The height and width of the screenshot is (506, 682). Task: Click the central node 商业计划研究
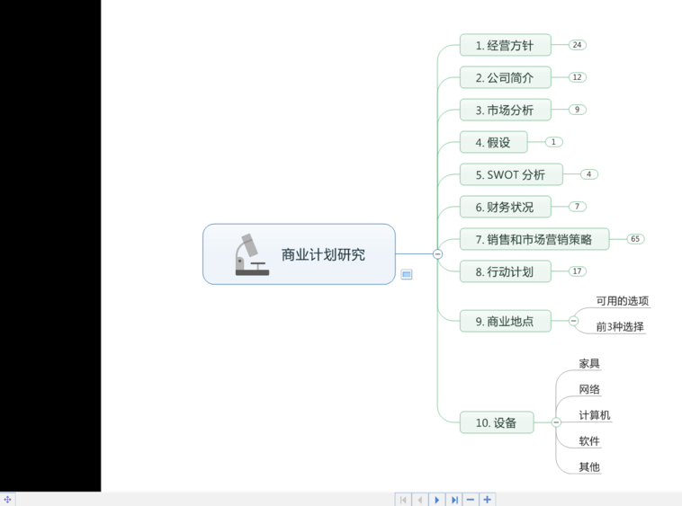pos(299,254)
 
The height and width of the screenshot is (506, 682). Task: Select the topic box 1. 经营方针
pos(506,45)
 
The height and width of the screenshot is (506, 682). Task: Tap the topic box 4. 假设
pos(494,142)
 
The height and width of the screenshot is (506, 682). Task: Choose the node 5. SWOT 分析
pos(511,174)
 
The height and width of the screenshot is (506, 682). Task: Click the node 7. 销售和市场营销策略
pos(534,239)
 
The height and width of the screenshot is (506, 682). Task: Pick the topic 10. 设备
pos(497,422)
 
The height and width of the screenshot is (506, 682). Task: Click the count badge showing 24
pos(577,45)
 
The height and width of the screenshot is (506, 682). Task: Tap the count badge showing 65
pos(635,239)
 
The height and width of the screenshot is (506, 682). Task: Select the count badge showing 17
pos(577,271)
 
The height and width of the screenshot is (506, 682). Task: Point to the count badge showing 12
pos(577,77)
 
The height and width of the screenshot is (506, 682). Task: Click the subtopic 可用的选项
pos(623,301)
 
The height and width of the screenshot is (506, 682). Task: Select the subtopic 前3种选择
pos(620,326)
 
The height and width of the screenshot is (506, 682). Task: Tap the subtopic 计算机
pos(595,415)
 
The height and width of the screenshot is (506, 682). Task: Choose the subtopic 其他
pos(589,467)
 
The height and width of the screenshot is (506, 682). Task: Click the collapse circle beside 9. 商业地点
pos(574,321)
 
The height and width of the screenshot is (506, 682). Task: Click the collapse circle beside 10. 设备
pos(556,422)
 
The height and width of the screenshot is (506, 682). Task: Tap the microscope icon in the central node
pos(252,254)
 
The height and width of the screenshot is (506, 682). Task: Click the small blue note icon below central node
pos(407,274)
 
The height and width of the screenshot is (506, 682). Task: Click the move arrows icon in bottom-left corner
pos(8,500)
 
